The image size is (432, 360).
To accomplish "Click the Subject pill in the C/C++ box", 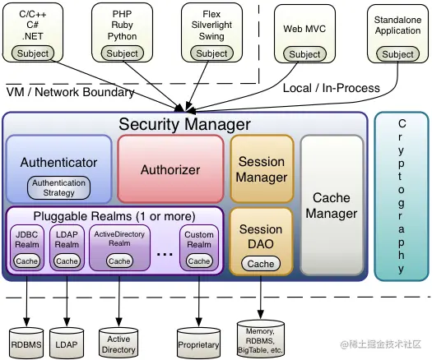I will click(34, 53).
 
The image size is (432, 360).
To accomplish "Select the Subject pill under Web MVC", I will click(304, 54).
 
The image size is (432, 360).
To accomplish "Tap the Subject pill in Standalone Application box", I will click(397, 54).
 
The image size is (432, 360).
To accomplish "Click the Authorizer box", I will click(170, 169).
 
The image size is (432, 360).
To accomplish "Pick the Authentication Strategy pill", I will click(58, 187).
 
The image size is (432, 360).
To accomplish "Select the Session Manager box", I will click(261, 169).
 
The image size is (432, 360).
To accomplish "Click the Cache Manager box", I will click(332, 205).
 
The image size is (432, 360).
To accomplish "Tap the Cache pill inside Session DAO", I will click(261, 264).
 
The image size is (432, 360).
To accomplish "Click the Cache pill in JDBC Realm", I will click(27, 261).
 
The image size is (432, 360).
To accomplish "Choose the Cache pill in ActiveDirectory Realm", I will click(119, 261).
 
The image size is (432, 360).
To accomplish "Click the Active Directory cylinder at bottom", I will click(118, 344).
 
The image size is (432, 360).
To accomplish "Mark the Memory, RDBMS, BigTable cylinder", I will click(261, 337).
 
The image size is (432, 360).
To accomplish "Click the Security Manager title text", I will click(184, 124).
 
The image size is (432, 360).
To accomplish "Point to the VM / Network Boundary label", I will click(71, 92).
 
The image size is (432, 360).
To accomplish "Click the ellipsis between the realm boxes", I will click(165, 253).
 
